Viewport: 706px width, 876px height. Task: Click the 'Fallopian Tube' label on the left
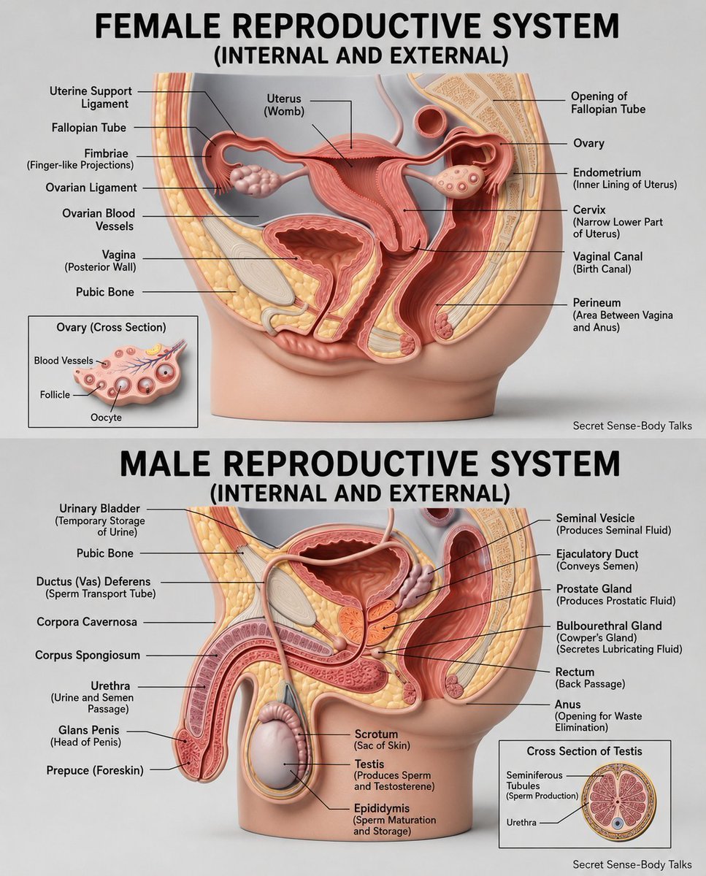[89, 128]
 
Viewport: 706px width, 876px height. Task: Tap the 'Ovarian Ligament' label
[91, 188]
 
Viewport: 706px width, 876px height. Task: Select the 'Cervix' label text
[589, 210]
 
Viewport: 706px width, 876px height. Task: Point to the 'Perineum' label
[597, 303]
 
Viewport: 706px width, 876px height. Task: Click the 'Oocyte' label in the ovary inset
[106, 418]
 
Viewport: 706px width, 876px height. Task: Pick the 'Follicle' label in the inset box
[55, 394]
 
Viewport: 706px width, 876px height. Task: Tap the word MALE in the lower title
[170, 464]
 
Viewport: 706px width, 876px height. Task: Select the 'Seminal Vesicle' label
[595, 518]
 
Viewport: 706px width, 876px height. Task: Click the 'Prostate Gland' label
[594, 588]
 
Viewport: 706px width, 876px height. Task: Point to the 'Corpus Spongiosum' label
[88, 655]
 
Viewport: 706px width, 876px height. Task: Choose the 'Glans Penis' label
[89, 730]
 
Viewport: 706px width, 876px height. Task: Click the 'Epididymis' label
[382, 808]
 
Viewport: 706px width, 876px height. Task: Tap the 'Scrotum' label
[376, 734]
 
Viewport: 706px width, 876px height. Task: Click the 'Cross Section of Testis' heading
[584, 751]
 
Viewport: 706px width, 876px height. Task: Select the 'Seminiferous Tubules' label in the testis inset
[534, 780]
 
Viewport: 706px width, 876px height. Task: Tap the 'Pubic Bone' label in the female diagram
[104, 292]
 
